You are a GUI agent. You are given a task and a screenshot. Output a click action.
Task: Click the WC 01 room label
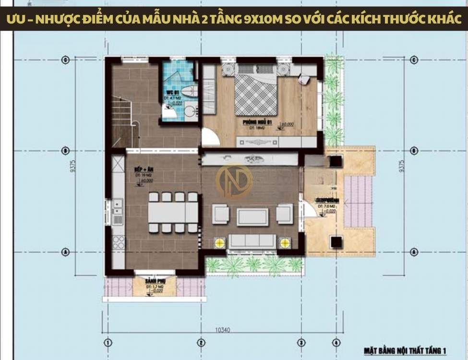173,93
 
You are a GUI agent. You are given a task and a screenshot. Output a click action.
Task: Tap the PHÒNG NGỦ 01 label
257,123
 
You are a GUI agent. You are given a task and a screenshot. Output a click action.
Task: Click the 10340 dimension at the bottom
222,331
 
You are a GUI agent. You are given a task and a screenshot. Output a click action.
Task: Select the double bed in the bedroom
256,94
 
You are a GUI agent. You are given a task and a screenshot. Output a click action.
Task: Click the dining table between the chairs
173,212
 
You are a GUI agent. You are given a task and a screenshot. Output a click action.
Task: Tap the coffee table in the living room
252,217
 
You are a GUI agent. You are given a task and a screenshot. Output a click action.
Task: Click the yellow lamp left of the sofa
220,242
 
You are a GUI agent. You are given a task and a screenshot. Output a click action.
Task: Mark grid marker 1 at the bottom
108,343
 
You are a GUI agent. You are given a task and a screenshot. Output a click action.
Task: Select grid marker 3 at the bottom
301,343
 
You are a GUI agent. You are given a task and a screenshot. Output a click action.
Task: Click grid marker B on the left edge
66,151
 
